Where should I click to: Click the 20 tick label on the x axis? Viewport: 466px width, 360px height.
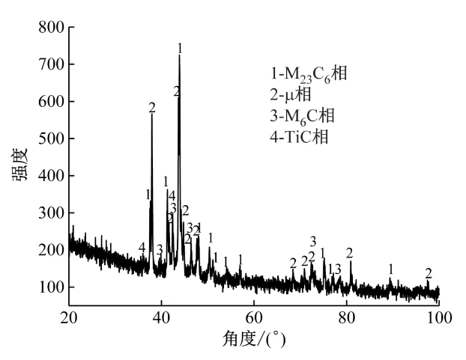(x=69, y=314)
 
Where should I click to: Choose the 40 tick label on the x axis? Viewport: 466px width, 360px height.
(x=162, y=314)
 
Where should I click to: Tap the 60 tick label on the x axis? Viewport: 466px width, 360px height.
(x=254, y=314)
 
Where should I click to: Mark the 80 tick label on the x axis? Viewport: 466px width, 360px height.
(x=346, y=314)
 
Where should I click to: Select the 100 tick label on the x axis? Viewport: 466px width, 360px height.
(x=438, y=314)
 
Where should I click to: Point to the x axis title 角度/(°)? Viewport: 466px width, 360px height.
(x=255, y=339)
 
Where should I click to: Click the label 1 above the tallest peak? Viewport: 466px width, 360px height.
(x=180, y=48)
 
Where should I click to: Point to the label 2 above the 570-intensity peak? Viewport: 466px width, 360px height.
(x=152, y=108)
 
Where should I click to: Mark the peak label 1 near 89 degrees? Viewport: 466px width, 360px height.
(x=390, y=268)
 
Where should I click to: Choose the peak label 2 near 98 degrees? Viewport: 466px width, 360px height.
(x=429, y=273)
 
